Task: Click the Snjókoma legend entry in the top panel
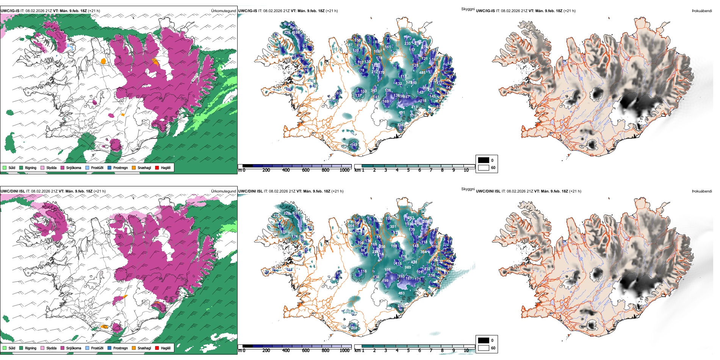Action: (x=74, y=168)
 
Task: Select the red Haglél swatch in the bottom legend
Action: (x=157, y=348)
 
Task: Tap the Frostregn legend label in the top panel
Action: (x=121, y=168)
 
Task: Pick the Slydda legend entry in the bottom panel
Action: (x=51, y=348)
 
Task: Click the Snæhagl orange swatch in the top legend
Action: (x=134, y=168)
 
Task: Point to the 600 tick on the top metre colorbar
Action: (x=305, y=170)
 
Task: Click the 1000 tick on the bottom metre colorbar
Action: (x=344, y=351)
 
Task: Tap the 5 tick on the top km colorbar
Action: (x=409, y=170)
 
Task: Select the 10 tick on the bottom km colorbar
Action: (x=466, y=351)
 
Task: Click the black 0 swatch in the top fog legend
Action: (x=484, y=160)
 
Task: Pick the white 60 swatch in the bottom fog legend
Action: (x=484, y=348)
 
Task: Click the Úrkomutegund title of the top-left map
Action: (x=223, y=11)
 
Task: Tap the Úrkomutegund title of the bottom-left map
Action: (x=223, y=191)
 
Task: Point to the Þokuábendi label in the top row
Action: (x=702, y=11)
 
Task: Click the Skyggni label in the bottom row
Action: (x=468, y=189)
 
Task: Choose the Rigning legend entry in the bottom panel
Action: (x=31, y=348)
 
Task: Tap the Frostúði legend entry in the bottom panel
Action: (x=97, y=348)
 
